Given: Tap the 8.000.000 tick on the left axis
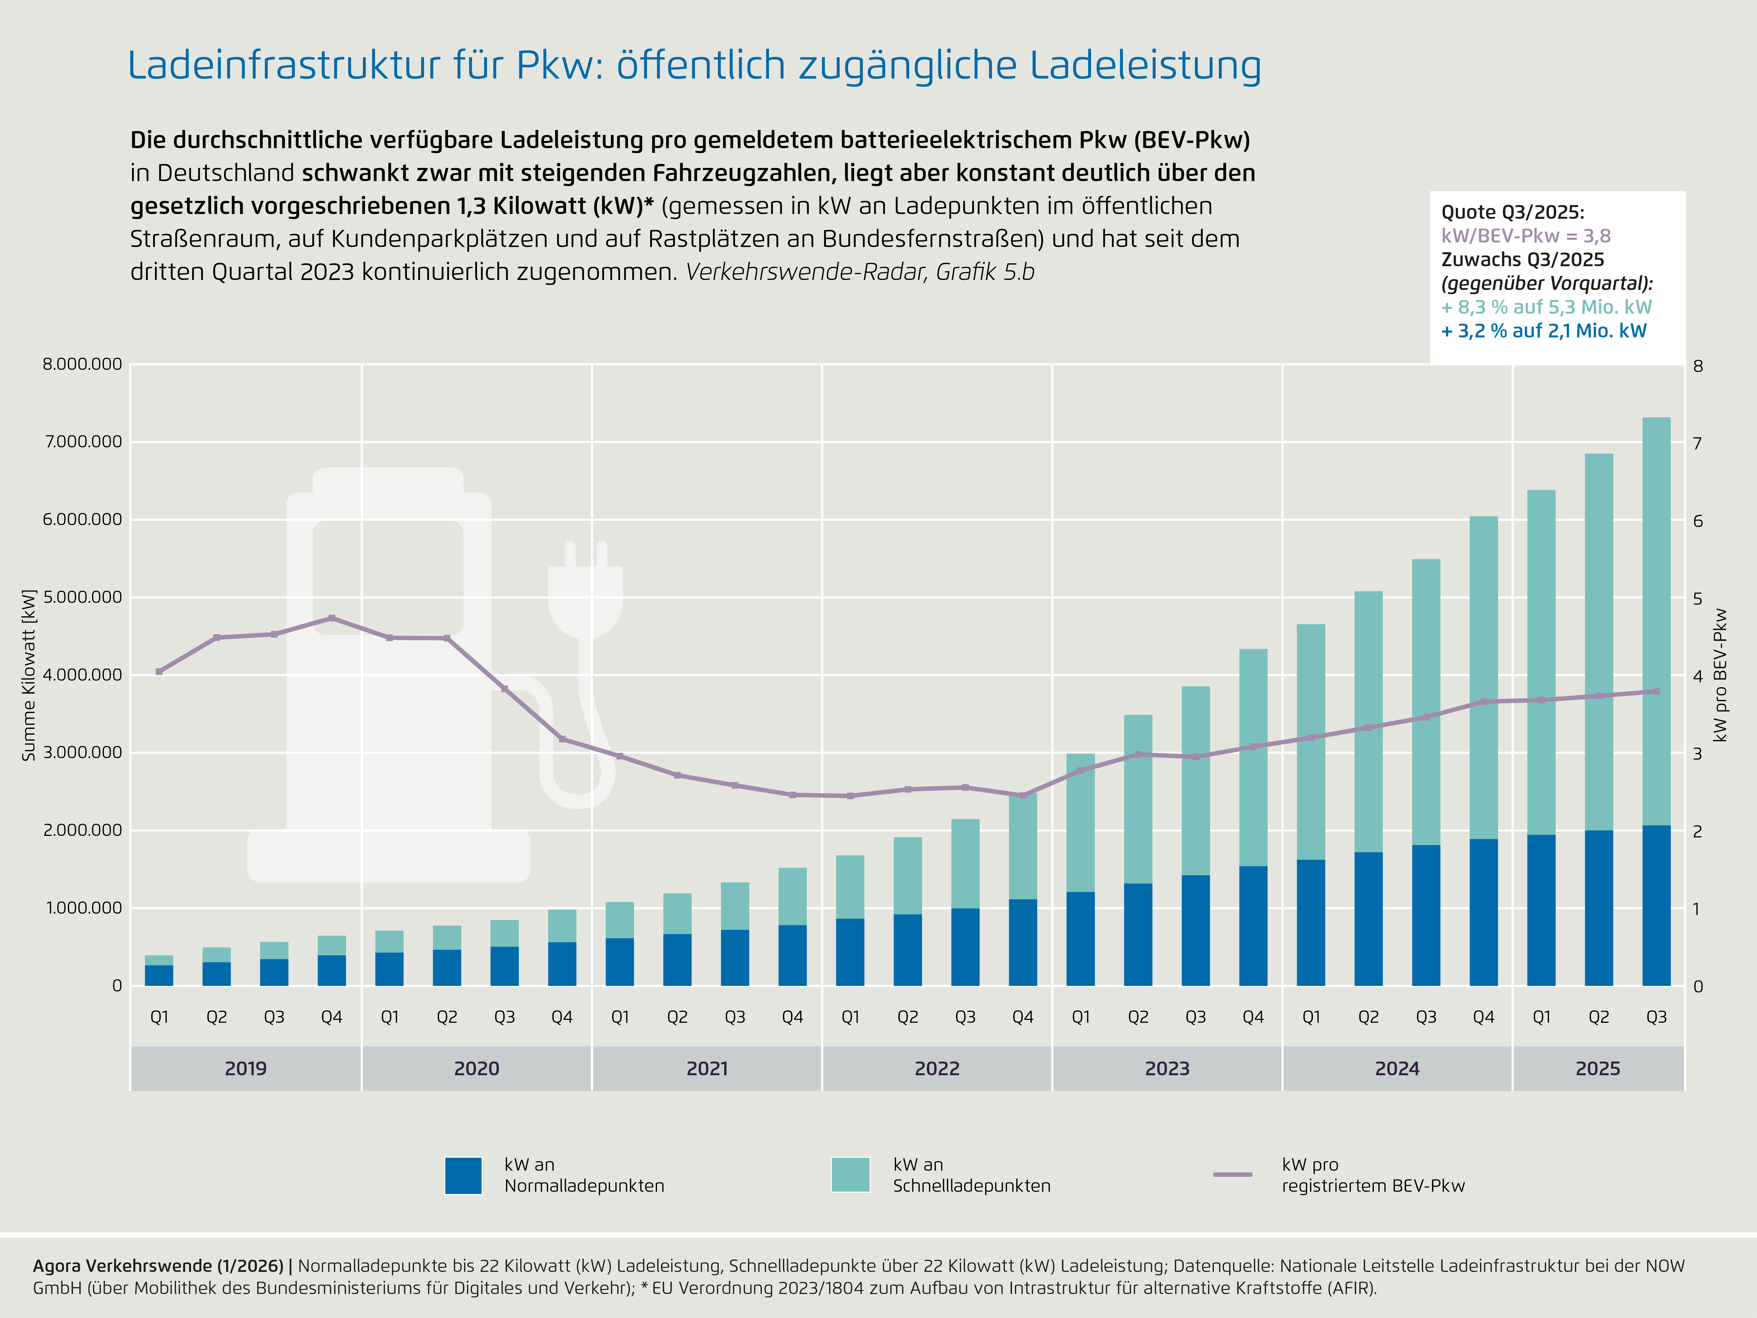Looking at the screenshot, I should tap(82, 365).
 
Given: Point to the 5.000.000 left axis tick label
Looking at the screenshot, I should tap(82, 597).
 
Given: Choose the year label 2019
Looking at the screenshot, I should tap(245, 1069).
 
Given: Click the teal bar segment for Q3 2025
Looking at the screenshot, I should tap(1656, 620).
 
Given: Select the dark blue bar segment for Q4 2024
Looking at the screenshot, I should tap(1483, 912).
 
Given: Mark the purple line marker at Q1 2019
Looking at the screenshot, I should tap(159, 671).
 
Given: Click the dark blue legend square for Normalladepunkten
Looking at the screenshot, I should tap(463, 1175).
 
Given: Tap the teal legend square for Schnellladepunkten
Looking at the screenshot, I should tap(850, 1175).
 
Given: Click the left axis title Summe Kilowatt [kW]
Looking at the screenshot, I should tap(30, 675).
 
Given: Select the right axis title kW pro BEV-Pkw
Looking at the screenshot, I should tap(1720, 675).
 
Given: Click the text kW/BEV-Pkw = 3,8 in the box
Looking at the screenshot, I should tap(1525, 236).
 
